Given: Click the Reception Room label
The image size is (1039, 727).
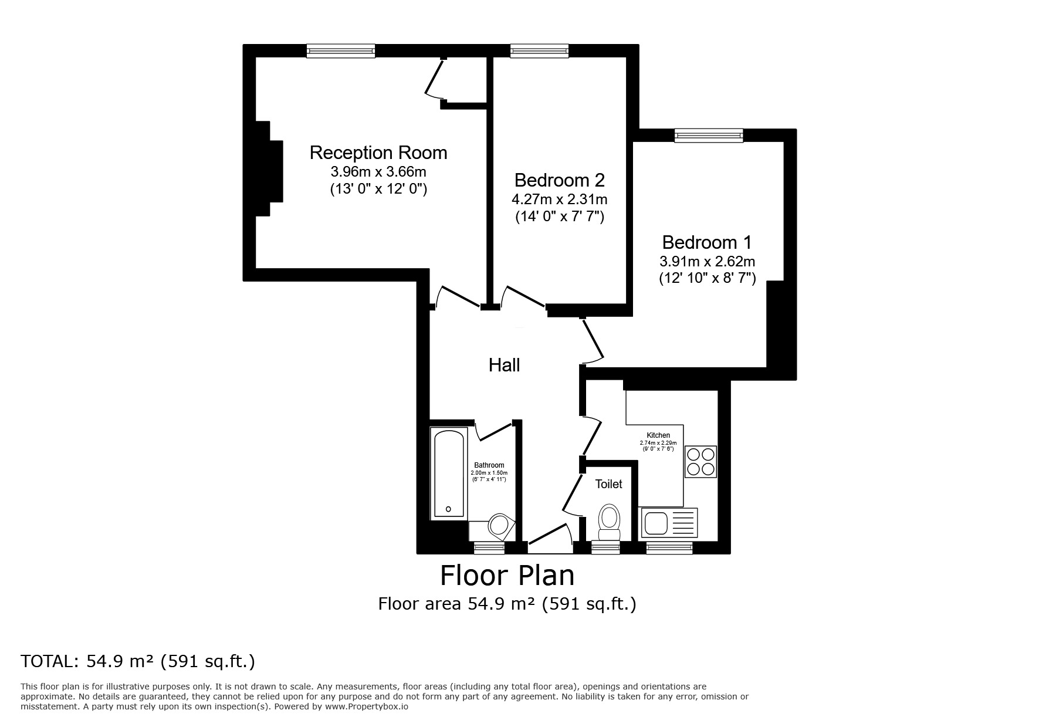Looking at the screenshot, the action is click(x=378, y=153).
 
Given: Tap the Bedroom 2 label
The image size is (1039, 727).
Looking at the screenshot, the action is click(x=560, y=180).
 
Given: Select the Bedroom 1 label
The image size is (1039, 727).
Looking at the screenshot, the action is click(x=707, y=242).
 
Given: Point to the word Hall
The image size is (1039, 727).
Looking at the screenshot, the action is click(x=505, y=365).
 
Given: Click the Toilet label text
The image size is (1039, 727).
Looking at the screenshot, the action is click(x=609, y=484).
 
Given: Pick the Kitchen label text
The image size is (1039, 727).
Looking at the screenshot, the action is click(x=658, y=435).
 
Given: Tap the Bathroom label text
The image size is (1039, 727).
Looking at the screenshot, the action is click(x=489, y=465).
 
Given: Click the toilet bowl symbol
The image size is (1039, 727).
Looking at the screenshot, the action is click(x=609, y=522).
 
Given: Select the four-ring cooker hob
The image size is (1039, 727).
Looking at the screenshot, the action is click(x=701, y=461).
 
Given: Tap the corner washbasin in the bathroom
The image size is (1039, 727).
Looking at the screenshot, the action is click(x=500, y=526).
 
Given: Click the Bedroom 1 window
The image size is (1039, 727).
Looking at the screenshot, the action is click(x=709, y=136).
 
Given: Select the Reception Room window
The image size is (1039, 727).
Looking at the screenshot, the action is click(x=341, y=51).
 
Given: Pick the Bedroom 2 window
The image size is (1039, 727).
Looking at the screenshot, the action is click(x=540, y=51).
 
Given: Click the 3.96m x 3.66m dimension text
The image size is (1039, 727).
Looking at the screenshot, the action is click(x=378, y=172).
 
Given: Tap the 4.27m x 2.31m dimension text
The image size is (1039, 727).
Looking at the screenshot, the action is click(x=560, y=199).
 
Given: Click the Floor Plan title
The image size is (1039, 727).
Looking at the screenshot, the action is click(x=507, y=576).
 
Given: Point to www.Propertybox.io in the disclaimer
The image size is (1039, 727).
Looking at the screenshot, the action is click(x=367, y=706).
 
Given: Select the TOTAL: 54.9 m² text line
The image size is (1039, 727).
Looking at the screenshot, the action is click(x=138, y=662).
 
